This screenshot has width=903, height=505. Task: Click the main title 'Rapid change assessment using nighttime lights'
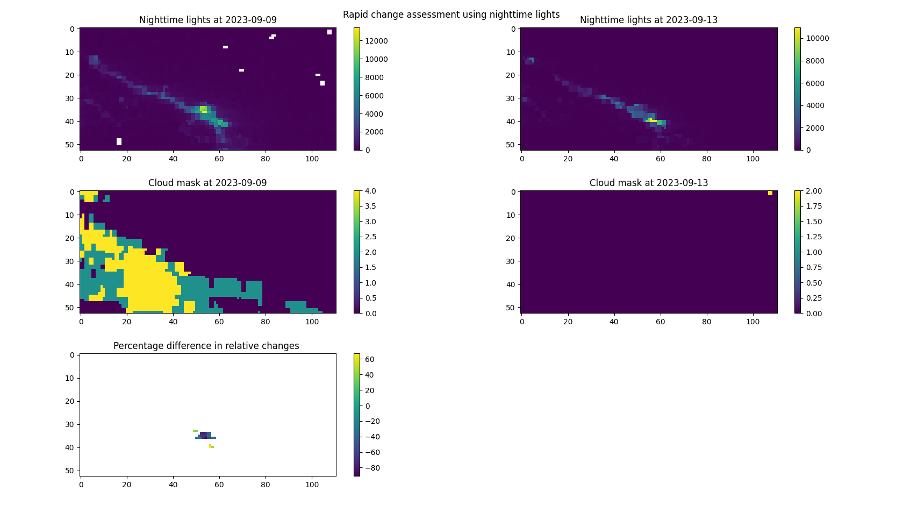(451, 15)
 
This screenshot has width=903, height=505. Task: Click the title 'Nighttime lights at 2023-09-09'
(207, 20)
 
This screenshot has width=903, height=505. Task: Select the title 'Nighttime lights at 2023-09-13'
(648, 20)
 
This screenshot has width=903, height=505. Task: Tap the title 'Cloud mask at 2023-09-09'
(207, 183)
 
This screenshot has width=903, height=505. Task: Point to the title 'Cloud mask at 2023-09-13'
(648, 183)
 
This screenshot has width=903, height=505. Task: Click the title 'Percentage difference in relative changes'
(206, 346)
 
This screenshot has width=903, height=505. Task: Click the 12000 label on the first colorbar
(376, 41)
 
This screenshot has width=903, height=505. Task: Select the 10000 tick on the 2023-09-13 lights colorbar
(817, 38)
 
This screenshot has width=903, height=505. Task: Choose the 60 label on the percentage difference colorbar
(369, 359)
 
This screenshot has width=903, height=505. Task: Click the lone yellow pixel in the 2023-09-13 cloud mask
(770, 193)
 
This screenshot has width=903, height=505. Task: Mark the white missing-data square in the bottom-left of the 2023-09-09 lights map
(119, 142)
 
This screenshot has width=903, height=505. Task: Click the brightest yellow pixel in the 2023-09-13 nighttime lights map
(653, 121)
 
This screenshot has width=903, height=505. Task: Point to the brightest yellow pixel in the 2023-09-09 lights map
(204, 109)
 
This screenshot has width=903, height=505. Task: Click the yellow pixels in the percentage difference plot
(211, 446)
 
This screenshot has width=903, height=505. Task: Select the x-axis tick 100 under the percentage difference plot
(312, 485)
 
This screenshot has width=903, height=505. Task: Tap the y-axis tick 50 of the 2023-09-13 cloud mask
(510, 308)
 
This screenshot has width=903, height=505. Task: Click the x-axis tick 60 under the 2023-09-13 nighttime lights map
(660, 159)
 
